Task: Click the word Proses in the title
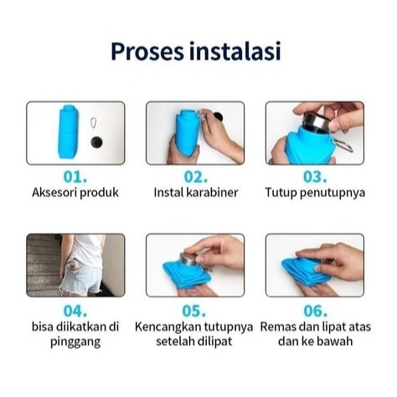[x=147, y=52]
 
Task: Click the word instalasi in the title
[x=235, y=50]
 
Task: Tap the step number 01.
[x=75, y=177]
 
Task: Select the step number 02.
[x=195, y=177]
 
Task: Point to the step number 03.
[x=315, y=177]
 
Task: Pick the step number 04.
[x=75, y=311]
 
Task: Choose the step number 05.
[x=193, y=311]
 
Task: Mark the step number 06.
[x=315, y=311]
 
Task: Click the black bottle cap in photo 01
[x=96, y=142]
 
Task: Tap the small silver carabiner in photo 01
[x=94, y=123]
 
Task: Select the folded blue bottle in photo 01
[x=69, y=131]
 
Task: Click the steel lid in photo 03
[x=317, y=121]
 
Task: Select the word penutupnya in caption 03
[x=333, y=193]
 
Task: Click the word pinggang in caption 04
[x=75, y=342]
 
